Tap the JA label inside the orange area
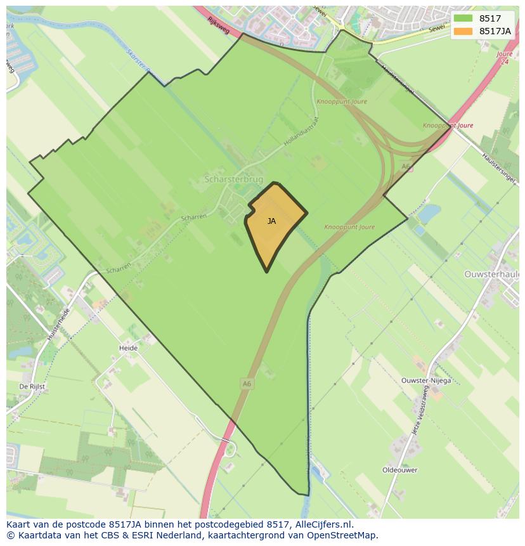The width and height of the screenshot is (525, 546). tap(271, 221)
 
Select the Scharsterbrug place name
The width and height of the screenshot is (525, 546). tap(233, 179)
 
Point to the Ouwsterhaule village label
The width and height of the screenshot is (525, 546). tap(492, 274)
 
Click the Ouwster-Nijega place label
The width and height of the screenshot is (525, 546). tap(426, 380)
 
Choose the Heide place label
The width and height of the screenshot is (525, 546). tap(128, 348)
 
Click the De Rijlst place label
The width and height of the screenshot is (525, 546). tap(32, 386)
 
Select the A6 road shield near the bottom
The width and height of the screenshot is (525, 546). tap(247, 384)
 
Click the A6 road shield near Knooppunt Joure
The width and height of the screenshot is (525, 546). tap(406, 167)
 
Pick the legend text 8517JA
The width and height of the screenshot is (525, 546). tap(495, 31)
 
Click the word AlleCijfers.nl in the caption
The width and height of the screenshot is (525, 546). tap(323, 524)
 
